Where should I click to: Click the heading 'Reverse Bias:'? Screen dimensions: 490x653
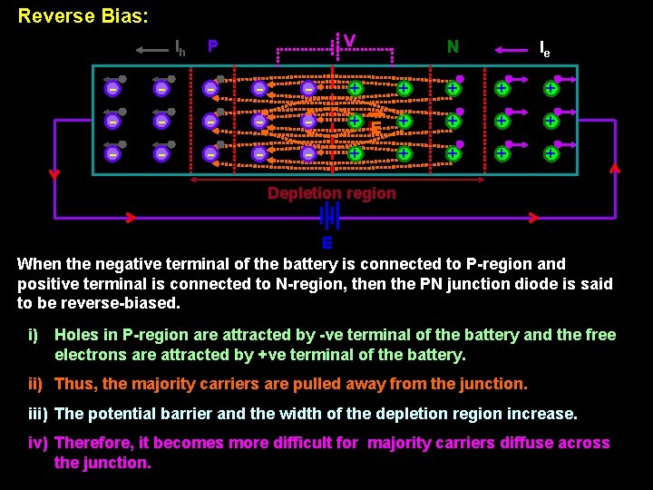[x=83, y=16]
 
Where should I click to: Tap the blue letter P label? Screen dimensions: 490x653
[x=212, y=45]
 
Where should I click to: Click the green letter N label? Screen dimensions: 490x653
[x=453, y=45]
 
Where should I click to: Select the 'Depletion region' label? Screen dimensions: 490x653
[x=331, y=193]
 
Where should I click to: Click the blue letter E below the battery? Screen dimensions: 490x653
[x=327, y=243]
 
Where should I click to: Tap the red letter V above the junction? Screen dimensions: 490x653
[x=349, y=41]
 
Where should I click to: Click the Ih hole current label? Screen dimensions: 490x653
[x=180, y=48]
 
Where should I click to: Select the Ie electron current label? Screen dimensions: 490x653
[x=544, y=48]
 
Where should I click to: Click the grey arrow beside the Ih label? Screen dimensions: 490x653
[x=151, y=51]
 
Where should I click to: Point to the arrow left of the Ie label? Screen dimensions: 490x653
[x=510, y=51]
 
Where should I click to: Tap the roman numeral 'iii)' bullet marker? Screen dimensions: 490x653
[x=38, y=414]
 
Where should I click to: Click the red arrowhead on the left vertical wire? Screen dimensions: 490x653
[x=54, y=174]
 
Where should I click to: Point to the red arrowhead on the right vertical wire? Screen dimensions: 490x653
[x=615, y=168]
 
